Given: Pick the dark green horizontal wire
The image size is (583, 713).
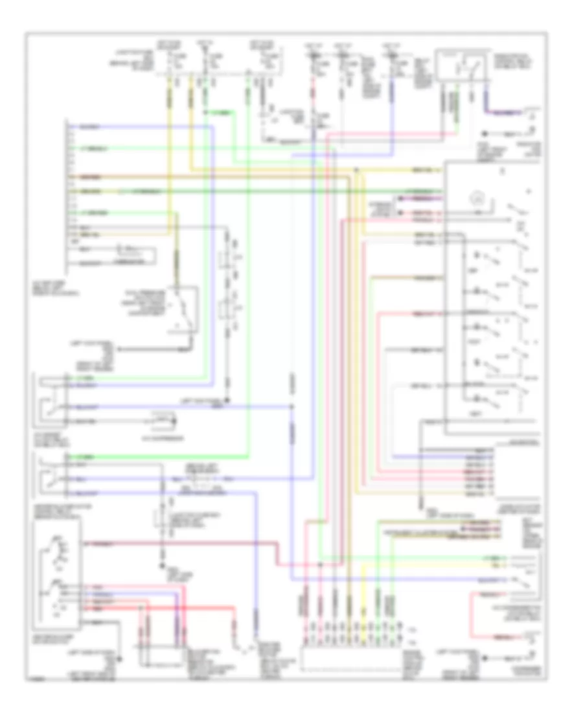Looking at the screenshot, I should tap(259, 192).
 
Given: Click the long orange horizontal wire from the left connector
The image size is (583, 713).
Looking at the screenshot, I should tap(194, 176).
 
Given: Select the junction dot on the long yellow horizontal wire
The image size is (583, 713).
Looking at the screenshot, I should tap(357, 170).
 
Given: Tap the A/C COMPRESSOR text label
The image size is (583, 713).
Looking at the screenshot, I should tap(161, 438).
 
